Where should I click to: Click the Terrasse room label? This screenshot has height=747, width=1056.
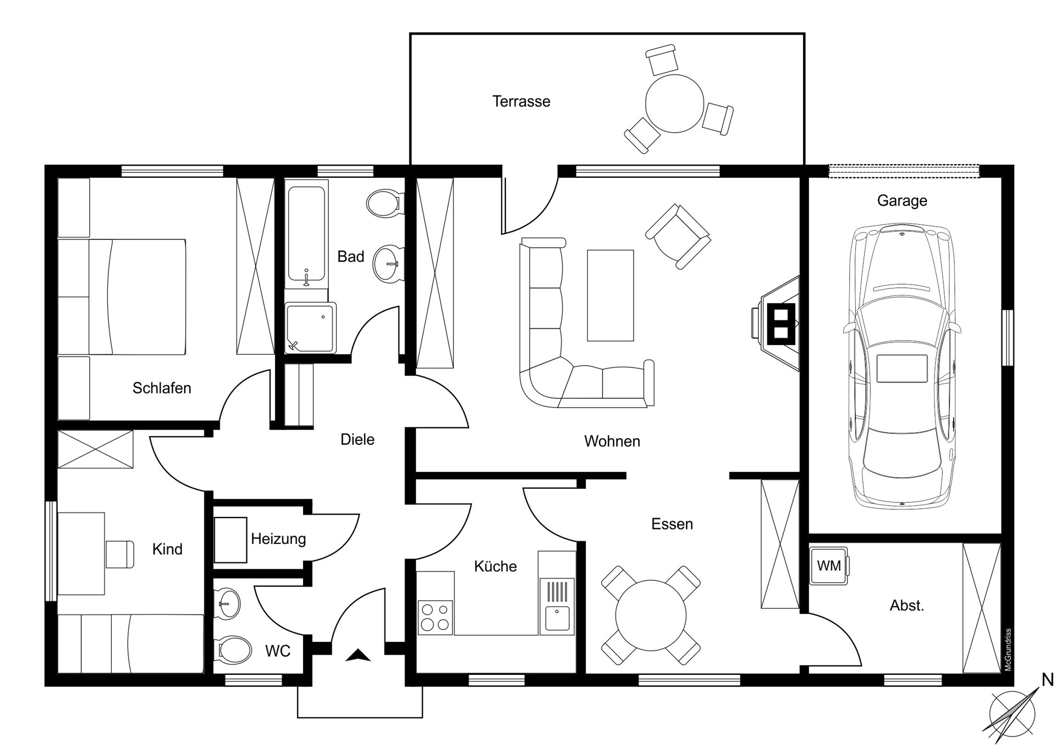point(521,101)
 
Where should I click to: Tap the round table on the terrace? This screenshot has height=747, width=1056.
point(674,103)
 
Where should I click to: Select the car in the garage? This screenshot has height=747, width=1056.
point(902,366)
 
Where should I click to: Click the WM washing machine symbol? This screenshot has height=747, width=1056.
point(829,565)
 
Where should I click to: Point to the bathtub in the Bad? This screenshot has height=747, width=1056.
point(306,234)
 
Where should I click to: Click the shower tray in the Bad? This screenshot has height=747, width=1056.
point(311,328)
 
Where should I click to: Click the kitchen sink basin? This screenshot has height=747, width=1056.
point(557,618)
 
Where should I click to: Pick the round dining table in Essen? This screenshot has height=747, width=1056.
point(651,615)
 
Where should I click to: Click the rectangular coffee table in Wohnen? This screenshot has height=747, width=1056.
point(610,296)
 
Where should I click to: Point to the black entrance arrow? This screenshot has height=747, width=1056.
point(358,655)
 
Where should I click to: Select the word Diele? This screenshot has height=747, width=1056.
point(358,439)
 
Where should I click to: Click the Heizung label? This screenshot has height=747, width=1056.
point(278,538)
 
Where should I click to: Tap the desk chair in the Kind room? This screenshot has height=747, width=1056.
point(120,554)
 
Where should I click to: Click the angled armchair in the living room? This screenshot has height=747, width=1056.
point(678,236)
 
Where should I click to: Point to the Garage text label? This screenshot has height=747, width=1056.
point(902,201)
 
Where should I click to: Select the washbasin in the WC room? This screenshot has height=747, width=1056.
point(228,603)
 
